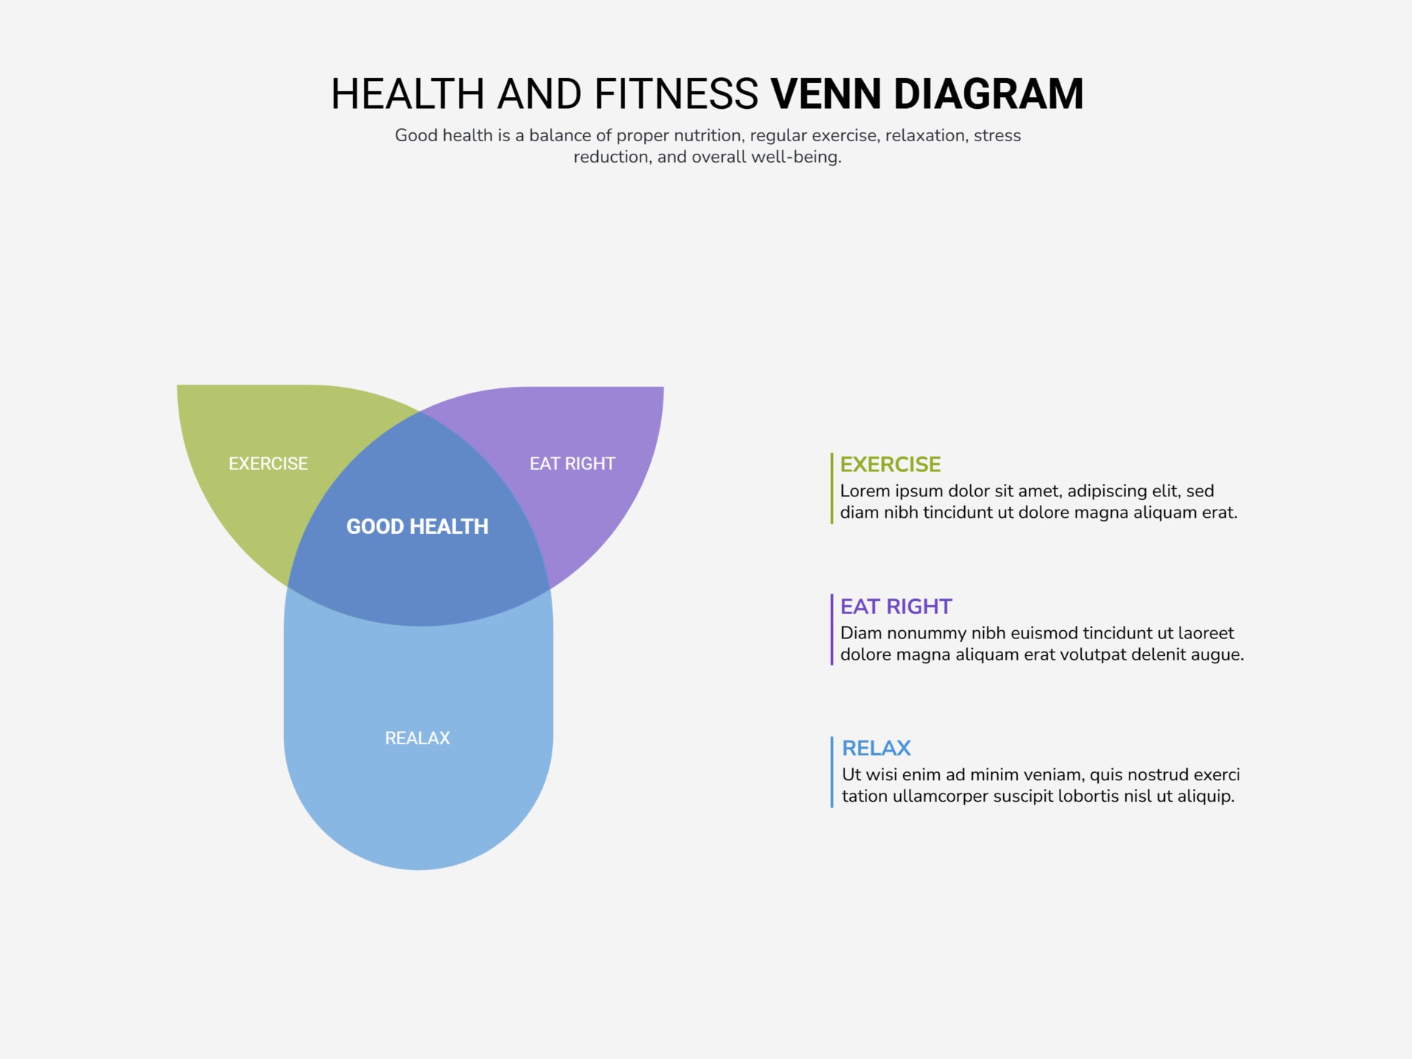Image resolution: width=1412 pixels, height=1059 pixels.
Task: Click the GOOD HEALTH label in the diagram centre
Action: (417, 527)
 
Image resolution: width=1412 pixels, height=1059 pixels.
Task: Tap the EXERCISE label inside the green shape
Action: (268, 463)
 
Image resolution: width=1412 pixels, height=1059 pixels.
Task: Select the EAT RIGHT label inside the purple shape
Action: (572, 463)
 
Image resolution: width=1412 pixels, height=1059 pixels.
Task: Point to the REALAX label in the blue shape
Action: (417, 738)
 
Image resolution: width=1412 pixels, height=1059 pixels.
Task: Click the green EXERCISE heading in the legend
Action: (890, 464)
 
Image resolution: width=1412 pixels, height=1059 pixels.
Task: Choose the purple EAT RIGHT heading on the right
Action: (896, 606)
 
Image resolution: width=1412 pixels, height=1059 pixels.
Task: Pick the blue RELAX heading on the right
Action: (876, 748)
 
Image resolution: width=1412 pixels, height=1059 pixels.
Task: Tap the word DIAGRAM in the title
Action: (988, 94)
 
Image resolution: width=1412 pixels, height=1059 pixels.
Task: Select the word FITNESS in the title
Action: (676, 94)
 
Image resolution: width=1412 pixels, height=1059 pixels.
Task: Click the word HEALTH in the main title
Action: (407, 94)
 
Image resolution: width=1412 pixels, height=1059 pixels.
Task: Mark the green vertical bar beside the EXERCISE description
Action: (832, 488)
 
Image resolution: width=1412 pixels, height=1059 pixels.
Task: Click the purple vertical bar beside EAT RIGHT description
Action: (832, 630)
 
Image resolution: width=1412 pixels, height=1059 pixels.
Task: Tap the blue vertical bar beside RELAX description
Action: (832, 772)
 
